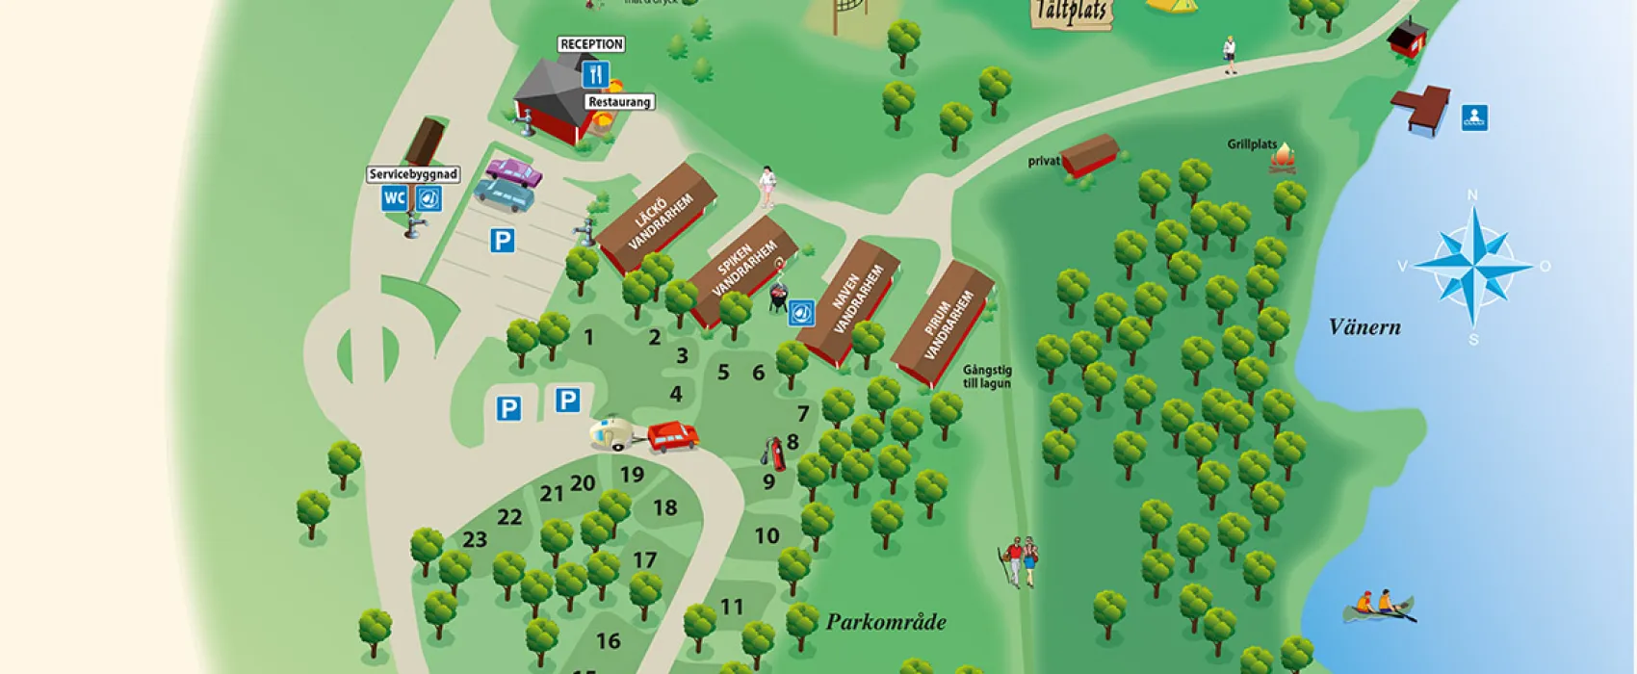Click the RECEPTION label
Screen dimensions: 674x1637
(x=591, y=44)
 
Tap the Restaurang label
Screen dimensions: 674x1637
(x=619, y=102)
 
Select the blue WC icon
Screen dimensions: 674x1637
(x=395, y=198)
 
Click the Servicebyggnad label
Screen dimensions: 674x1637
(x=413, y=174)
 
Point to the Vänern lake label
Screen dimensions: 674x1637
(x=1364, y=327)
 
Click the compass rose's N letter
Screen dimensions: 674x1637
(x=1471, y=195)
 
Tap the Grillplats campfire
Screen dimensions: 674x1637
(x=1284, y=159)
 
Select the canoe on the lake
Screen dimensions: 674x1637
(x=1380, y=607)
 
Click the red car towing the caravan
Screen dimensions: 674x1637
(x=673, y=436)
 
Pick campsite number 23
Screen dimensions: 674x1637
(x=475, y=539)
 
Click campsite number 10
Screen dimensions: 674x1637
(x=767, y=535)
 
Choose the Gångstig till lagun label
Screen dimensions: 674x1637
(x=986, y=376)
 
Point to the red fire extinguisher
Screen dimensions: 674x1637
(x=774, y=454)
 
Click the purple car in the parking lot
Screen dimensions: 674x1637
(x=514, y=172)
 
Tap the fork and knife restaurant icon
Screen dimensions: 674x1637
(x=596, y=74)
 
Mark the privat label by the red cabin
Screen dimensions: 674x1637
(x=1044, y=161)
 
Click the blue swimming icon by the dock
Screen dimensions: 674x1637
(x=1473, y=117)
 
